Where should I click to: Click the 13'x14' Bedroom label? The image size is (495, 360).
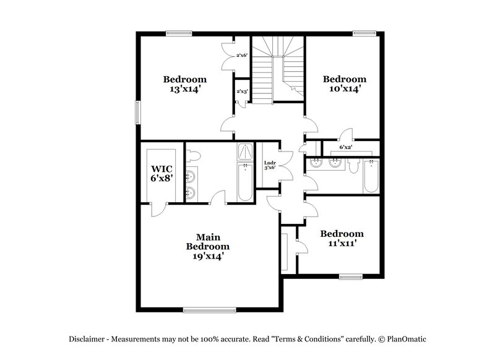(x=184, y=84)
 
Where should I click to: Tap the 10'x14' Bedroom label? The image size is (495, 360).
(x=345, y=84)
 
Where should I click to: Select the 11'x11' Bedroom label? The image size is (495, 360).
(x=342, y=238)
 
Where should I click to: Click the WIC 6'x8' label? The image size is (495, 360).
(x=163, y=174)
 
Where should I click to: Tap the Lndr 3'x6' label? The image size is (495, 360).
(x=269, y=165)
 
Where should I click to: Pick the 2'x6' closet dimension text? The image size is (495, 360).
(x=242, y=56)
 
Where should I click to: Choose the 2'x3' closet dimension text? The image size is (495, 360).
(x=242, y=92)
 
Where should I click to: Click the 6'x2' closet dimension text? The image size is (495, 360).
(x=346, y=148)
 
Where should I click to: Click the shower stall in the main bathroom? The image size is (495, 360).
(x=245, y=152)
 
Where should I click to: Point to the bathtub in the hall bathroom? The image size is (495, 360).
(x=371, y=177)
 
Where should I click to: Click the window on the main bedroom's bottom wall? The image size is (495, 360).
(x=208, y=309)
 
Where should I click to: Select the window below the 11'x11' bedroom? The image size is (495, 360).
(x=350, y=275)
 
